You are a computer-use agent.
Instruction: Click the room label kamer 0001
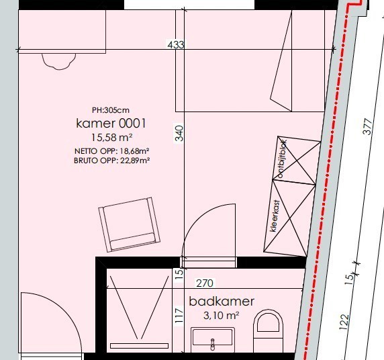pyautogui.click(x=111, y=124)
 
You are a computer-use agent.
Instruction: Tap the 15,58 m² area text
pyautogui.click(x=112, y=138)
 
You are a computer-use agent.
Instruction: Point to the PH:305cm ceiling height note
pyautogui.click(x=111, y=110)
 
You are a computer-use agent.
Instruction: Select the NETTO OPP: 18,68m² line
pyautogui.click(x=112, y=151)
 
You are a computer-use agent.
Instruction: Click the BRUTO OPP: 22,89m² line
pyautogui.click(x=112, y=161)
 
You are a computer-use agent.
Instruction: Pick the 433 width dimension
pyautogui.click(x=176, y=44)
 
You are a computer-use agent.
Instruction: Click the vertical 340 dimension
pyautogui.click(x=179, y=133)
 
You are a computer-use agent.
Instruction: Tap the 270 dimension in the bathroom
pyautogui.click(x=205, y=283)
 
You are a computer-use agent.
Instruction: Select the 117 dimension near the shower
pyautogui.click(x=179, y=316)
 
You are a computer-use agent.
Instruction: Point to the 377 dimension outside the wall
pyautogui.click(x=367, y=126)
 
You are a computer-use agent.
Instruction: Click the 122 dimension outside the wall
pyautogui.click(x=344, y=322)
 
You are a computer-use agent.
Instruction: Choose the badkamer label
pyautogui.click(x=222, y=301)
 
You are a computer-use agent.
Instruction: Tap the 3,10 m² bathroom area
pyautogui.click(x=221, y=316)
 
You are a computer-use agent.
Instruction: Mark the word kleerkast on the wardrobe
pyautogui.click(x=275, y=216)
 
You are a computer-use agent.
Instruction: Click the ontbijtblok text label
pyautogui.click(x=282, y=159)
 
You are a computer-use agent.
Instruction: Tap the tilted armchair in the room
pyautogui.click(x=130, y=225)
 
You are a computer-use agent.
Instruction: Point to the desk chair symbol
pyautogui.click(x=59, y=61)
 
